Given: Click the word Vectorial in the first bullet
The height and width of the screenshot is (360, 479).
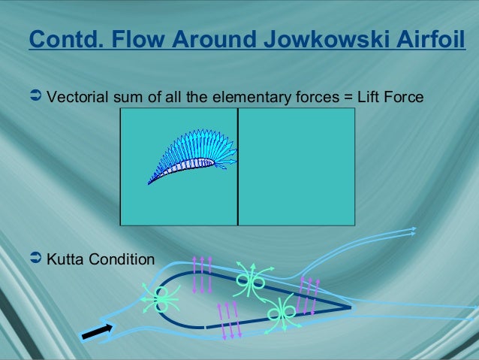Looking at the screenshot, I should point(74,97).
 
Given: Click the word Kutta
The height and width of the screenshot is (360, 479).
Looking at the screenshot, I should point(65,260).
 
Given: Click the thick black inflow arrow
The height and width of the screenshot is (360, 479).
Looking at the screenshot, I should point(97,330).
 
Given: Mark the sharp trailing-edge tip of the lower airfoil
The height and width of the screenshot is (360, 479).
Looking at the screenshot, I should point(350,307).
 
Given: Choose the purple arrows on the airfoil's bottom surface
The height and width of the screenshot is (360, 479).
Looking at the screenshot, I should point(228,321).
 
